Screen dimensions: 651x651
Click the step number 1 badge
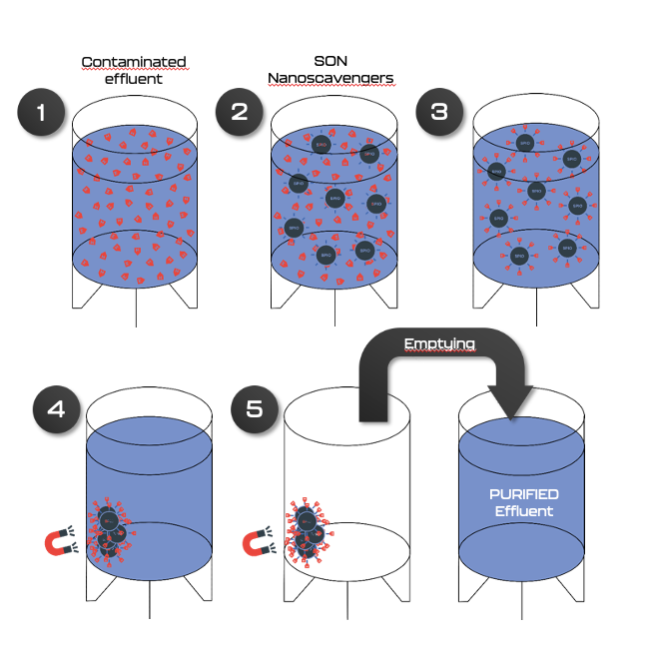(x=42, y=112)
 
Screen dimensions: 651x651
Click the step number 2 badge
(x=240, y=112)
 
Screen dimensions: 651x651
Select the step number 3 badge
(x=439, y=112)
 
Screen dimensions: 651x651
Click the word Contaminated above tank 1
(x=134, y=62)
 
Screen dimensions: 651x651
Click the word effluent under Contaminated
(x=133, y=78)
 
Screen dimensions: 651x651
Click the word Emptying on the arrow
(x=440, y=344)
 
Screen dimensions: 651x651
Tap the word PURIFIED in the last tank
(x=523, y=494)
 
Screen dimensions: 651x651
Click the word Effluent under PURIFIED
(x=523, y=511)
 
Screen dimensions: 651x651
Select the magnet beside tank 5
(x=262, y=543)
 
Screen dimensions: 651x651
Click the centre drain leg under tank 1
(x=135, y=309)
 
